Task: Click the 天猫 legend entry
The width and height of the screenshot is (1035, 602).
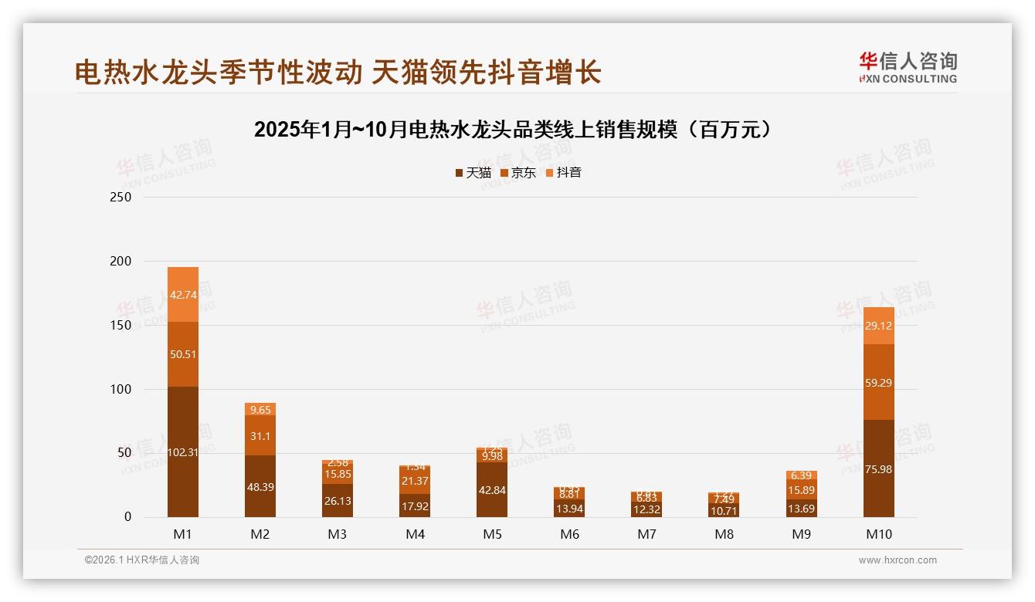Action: coord(473,173)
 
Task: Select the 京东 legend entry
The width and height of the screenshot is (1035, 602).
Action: coord(518,173)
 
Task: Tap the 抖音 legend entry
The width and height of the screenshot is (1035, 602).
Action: coord(564,173)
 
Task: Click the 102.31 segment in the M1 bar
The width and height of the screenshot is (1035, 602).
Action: coord(183,452)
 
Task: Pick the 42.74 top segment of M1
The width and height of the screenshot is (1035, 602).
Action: coord(183,294)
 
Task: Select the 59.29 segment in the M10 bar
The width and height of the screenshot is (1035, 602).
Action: coord(878,382)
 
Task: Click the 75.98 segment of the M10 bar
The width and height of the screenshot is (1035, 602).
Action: coord(878,468)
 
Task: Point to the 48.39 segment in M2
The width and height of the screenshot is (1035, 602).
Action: coord(260,486)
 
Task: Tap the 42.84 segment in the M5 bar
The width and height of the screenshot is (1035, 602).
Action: coord(492,490)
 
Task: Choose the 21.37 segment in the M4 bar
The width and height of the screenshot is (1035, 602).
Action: coord(415,481)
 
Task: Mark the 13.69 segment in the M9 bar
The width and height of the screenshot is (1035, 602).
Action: coord(801,509)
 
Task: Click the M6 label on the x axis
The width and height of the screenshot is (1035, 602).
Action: coord(569,534)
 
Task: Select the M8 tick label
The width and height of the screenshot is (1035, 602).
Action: coord(724,534)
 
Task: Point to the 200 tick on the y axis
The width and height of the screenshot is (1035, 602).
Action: coord(121,262)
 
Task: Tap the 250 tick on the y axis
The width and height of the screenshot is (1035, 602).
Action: coord(121,198)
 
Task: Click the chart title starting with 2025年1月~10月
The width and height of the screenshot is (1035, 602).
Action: coord(513,130)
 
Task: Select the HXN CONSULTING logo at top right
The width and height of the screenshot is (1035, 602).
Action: coord(908,67)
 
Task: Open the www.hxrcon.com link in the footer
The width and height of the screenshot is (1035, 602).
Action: coord(898,560)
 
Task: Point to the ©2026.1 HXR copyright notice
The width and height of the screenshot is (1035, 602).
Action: coord(141,560)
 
